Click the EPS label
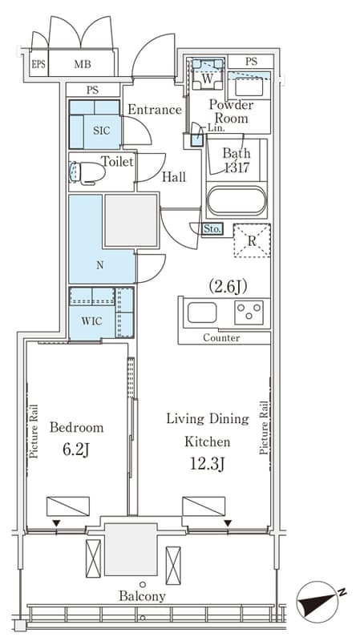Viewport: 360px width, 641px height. pyautogui.click(x=38, y=64)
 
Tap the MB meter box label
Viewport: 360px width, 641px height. pyautogui.click(x=83, y=64)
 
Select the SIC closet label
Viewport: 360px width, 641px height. pyautogui.click(x=102, y=131)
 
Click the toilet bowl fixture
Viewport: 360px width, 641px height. pyautogui.click(x=87, y=172)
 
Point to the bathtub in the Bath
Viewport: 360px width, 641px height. pyautogui.click(x=237, y=200)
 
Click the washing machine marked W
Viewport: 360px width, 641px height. pyautogui.click(x=208, y=74)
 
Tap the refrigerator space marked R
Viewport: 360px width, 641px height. pyautogui.click(x=252, y=240)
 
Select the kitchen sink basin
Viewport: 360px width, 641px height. pyautogui.click(x=202, y=312)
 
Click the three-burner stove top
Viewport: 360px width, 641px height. pyautogui.click(x=249, y=312)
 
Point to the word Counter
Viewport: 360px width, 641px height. pyautogui.click(x=221, y=338)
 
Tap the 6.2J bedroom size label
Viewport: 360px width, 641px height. pyautogui.click(x=76, y=450)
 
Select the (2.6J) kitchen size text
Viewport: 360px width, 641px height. pyautogui.click(x=228, y=288)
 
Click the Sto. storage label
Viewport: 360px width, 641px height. pyautogui.click(x=212, y=229)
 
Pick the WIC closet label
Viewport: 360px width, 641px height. pyautogui.click(x=91, y=321)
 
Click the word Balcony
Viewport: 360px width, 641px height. pyautogui.click(x=143, y=596)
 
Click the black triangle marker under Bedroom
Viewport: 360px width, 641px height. pyautogui.click(x=56, y=523)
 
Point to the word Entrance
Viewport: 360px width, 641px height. pyautogui.click(x=155, y=110)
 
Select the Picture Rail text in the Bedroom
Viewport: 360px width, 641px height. pyautogui.click(x=34, y=431)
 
